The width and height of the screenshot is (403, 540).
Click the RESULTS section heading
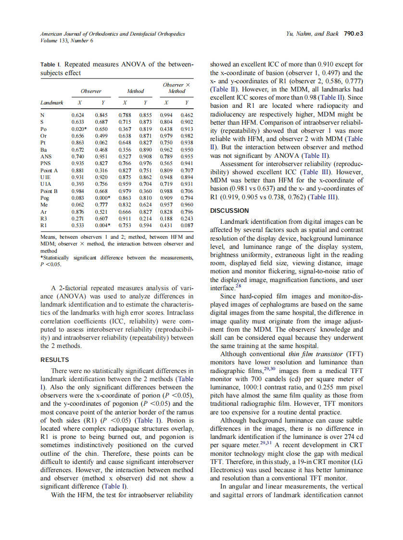tap(54, 360)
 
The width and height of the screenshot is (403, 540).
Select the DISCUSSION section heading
tap(229, 210)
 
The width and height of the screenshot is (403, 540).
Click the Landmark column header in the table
tap(52, 103)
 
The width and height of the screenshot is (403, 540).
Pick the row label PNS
tap(46, 163)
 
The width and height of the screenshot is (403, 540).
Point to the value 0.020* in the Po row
tap(79, 129)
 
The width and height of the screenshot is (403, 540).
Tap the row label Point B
tap(49, 191)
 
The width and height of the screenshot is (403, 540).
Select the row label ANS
tap(46, 156)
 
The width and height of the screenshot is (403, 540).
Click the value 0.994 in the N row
tap(166, 116)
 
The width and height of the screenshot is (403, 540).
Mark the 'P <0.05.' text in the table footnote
tap(50, 264)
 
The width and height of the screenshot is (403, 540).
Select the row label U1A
tap(46, 184)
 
